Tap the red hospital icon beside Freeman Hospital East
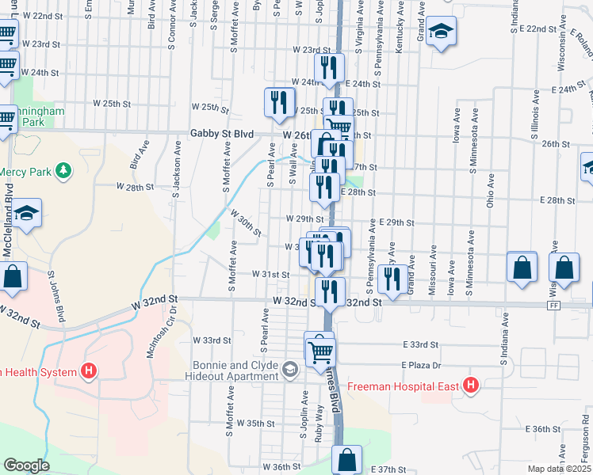coord(472,386)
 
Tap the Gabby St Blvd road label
coord(221,135)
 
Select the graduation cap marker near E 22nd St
coord(440,32)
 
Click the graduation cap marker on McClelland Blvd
coord(26,214)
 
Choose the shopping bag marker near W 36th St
coord(346,459)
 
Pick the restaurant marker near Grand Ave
coord(392,278)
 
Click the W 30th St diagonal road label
coord(246,222)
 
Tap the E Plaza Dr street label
coord(419,365)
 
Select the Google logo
coord(26,465)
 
